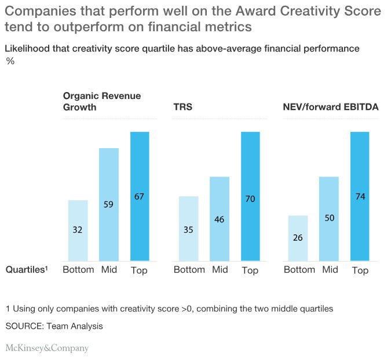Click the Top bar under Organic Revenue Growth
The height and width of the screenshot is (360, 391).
140,196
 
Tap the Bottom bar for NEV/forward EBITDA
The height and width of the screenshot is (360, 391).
298,238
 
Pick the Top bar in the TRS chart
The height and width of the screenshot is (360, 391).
250,196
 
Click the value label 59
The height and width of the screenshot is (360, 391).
109,204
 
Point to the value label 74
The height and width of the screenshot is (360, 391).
360,197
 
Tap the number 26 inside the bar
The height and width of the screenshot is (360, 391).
298,237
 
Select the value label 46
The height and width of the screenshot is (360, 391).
220,220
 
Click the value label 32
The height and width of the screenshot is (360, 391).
78,229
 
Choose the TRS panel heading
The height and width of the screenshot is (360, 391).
183,107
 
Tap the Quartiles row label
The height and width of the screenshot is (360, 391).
26,270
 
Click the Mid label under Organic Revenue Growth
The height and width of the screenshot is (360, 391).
109,270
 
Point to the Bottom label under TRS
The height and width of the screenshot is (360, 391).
189,270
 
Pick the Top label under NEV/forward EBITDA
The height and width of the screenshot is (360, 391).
360,270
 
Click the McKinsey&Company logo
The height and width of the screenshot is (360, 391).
47,348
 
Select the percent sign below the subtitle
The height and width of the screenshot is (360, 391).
10,60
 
